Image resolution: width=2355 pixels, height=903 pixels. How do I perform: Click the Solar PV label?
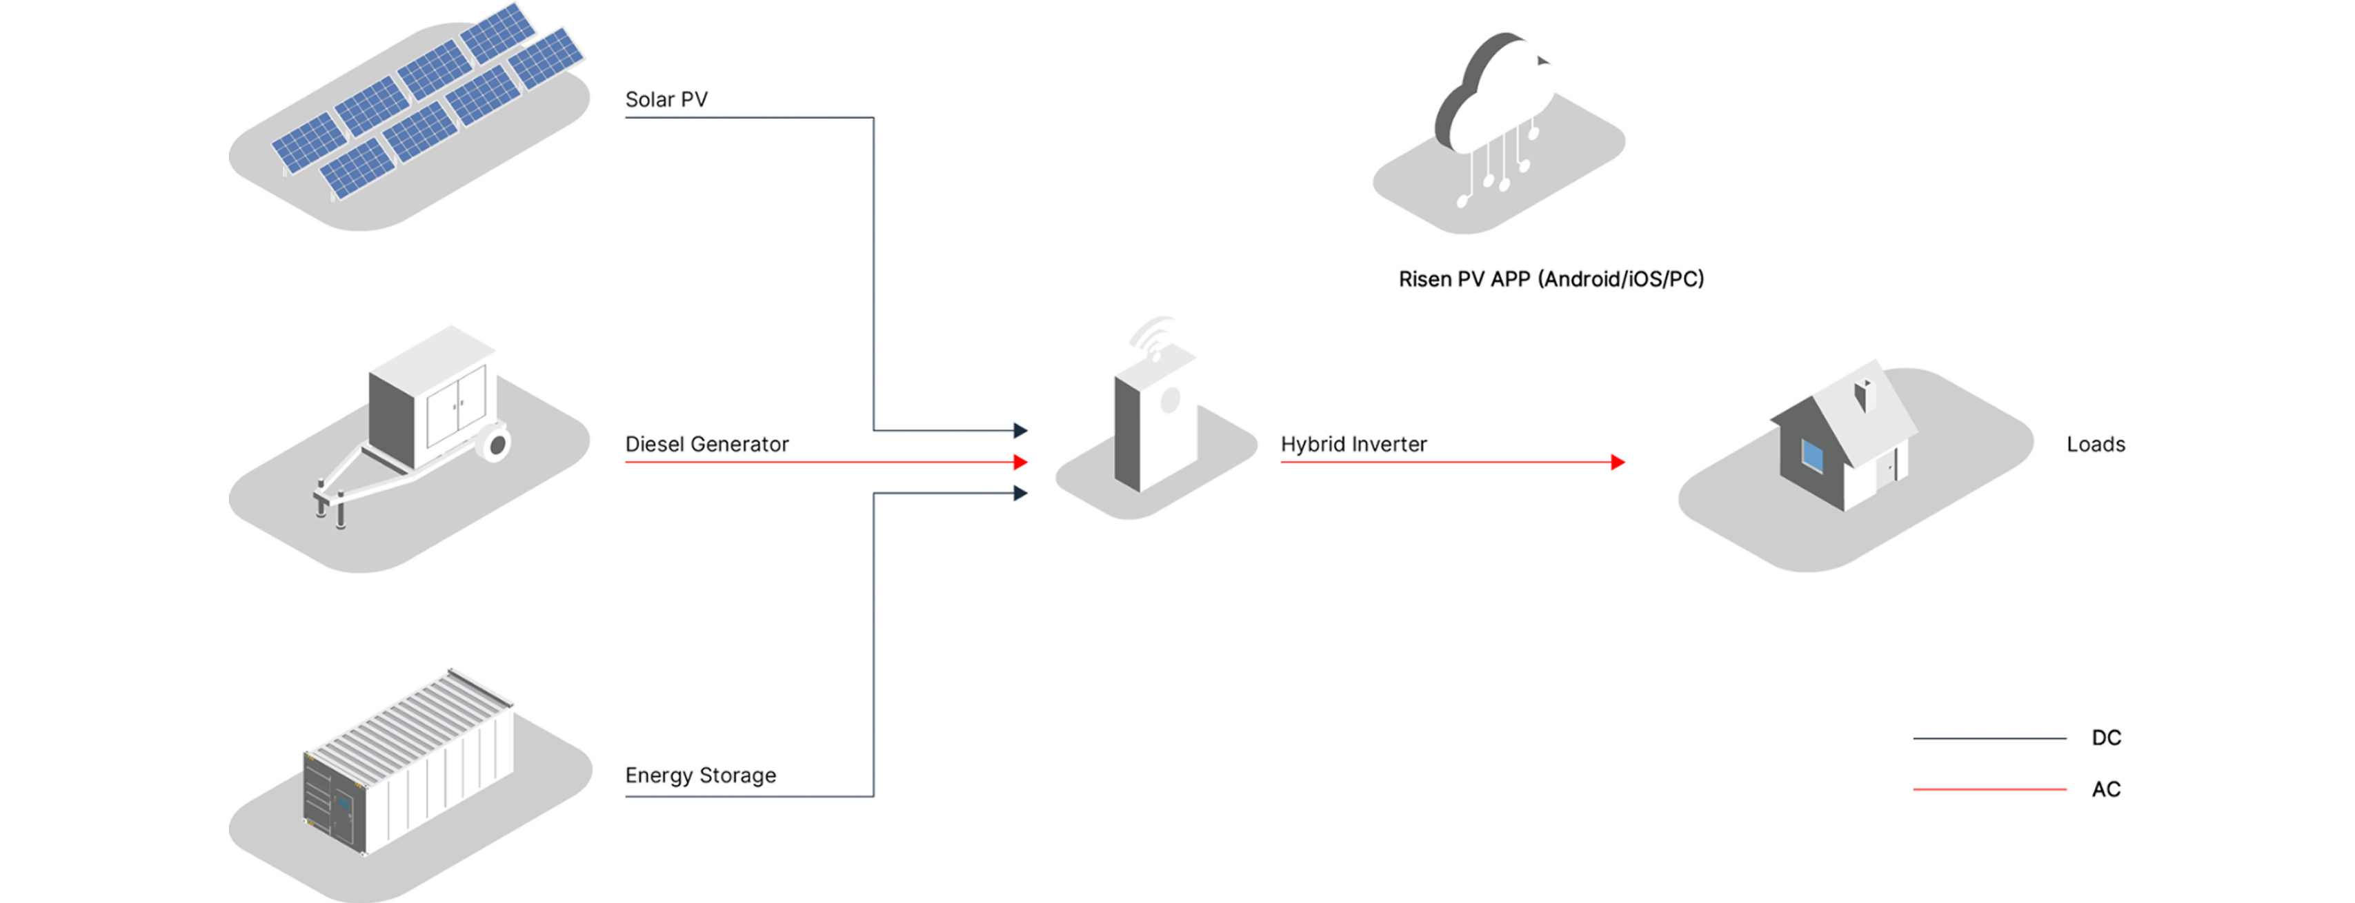pos(666,100)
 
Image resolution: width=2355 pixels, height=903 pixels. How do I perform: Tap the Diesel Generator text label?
pos(706,444)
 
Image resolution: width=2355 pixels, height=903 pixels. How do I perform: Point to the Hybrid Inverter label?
pos(1353,444)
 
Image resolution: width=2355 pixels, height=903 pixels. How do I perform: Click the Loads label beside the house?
pos(2096,444)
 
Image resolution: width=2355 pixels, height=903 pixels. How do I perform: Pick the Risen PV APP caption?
pos(1551,278)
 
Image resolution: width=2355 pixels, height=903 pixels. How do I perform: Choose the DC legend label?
pos(2107,738)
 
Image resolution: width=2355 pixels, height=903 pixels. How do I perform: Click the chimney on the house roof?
pos(1862,396)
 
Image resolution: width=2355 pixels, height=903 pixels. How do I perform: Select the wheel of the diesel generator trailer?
pos(497,445)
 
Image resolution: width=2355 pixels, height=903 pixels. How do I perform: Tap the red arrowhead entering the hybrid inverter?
pos(1020,463)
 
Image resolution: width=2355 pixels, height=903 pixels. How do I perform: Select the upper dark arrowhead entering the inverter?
pos(1020,429)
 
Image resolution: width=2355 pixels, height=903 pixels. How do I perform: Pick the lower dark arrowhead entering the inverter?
pos(1020,494)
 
